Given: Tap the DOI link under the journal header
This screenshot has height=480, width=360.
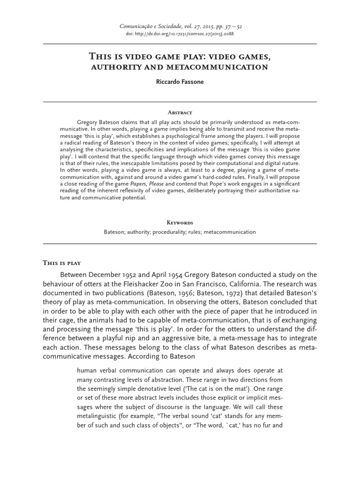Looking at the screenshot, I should pos(180,35).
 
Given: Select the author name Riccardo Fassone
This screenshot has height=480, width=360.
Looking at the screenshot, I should pos(180,82).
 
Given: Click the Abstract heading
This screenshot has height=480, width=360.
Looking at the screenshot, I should pos(180,112).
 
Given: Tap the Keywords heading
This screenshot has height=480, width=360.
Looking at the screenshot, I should pos(180,223).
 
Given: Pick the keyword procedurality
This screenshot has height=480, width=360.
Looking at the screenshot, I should pos(176,232).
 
